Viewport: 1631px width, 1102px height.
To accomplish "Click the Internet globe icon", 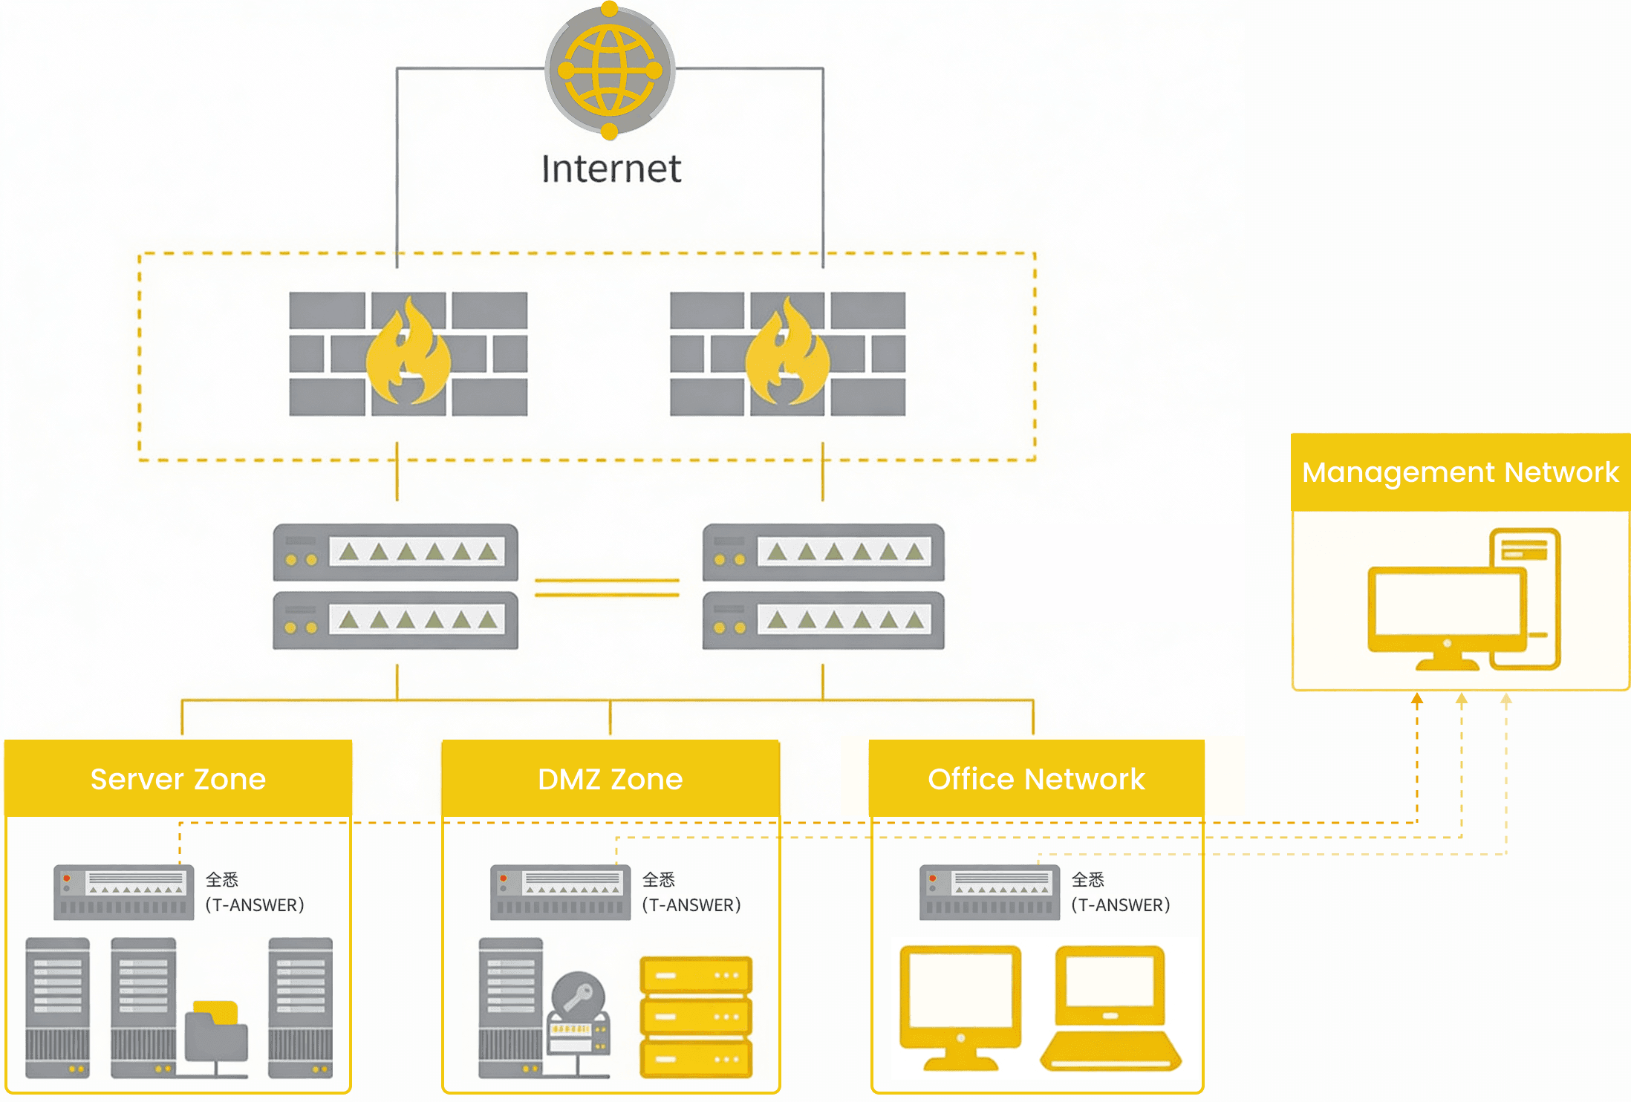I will click(610, 71).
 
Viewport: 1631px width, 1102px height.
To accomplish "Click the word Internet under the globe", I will click(611, 169).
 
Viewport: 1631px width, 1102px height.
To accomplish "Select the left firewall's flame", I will click(408, 353).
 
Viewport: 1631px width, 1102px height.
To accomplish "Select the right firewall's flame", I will click(787, 353).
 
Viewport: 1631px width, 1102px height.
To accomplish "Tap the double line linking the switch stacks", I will click(607, 587).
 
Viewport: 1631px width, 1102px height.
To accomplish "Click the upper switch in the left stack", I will click(395, 552).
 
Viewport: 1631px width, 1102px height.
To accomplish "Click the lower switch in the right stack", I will click(823, 620).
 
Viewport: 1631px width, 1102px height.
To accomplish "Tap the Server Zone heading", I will click(178, 779).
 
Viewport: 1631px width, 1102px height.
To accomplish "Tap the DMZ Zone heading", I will click(610, 779).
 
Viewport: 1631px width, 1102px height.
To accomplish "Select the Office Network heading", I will click(1036, 779).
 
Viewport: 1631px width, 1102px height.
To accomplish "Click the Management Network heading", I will click(1460, 472).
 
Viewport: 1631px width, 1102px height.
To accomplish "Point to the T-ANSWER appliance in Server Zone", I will click(123, 892).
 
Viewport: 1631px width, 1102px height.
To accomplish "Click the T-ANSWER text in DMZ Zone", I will click(691, 905).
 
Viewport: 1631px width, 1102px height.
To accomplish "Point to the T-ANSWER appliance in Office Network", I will click(989, 892).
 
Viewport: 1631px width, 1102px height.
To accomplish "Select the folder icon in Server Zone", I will click(216, 1032).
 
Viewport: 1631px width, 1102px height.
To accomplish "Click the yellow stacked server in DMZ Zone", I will click(696, 1016).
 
